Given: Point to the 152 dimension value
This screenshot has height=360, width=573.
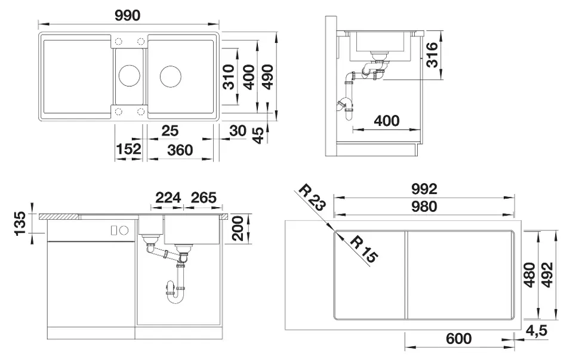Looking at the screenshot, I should (128, 150).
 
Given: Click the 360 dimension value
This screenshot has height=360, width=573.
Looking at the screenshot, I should (180, 150).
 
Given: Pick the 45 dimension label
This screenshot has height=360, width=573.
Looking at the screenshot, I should (257, 136).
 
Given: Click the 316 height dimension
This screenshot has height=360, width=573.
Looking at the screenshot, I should (433, 56).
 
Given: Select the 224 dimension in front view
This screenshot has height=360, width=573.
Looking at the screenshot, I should (168, 198).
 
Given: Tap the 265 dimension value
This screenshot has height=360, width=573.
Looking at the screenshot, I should (203, 198).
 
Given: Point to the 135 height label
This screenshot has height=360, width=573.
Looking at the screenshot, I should (20, 224).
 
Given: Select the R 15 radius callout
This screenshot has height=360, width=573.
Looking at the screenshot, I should (364, 250).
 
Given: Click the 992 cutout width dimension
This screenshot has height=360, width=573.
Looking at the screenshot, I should (424, 189).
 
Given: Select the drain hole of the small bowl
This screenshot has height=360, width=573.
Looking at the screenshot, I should (129, 76).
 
